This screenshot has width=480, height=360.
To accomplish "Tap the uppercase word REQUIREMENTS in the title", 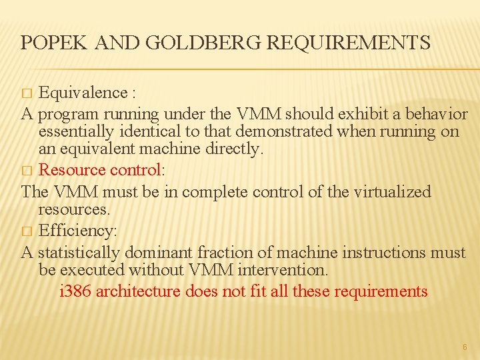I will (x=349, y=43).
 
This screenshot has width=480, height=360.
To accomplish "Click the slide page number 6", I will (x=465, y=347).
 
